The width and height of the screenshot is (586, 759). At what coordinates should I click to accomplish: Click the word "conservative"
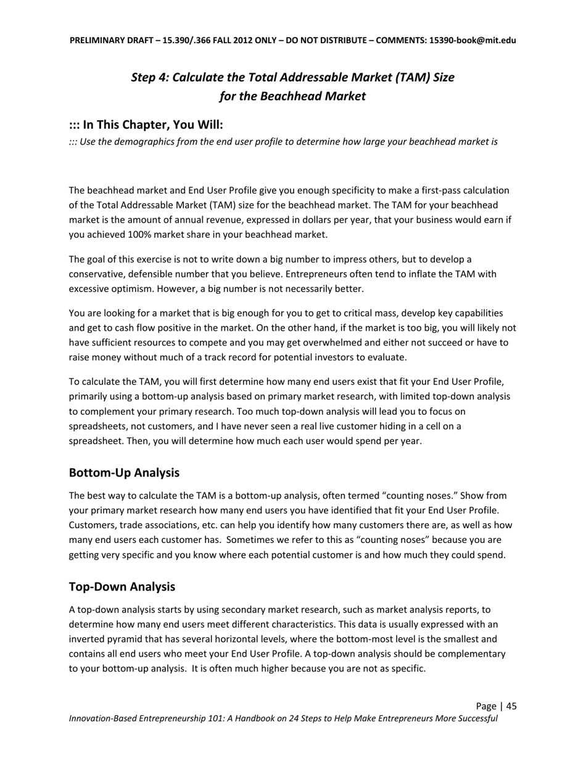pyautogui.click(x=95, y=274)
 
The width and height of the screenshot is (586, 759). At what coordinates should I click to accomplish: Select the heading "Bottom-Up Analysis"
pyautogui.click(x=124, y=473)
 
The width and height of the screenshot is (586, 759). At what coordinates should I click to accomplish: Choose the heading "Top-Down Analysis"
pyautogui.click(x=122, y=586)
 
